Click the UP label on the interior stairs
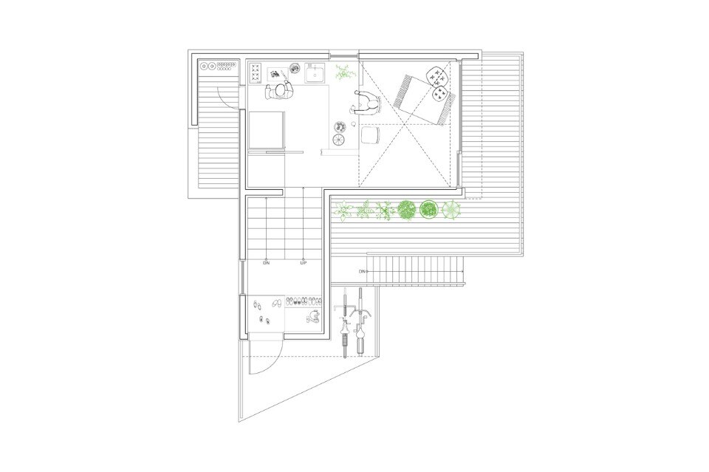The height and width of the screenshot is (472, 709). click(x=303, y=263)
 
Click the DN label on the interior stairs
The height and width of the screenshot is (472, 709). click(x=266, y=263)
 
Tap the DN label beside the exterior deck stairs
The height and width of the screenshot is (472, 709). click(x=362, y=271)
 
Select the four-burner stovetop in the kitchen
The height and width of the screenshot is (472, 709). click(x=256, y=73)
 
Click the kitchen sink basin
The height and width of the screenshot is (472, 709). click(x=315, y=73)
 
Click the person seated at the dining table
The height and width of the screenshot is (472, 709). click(x=366, y=104)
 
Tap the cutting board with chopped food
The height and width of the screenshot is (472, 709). click(x=278, y=74)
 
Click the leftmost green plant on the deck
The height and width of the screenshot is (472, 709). click(x=343, y=211)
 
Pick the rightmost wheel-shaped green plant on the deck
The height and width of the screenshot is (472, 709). click(x=452, y=211)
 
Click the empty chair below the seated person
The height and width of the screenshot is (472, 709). click(x=370, y=134)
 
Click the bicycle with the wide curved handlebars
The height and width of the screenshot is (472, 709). click(x=361, y=321)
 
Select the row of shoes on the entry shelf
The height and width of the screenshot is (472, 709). click(x=304, y=300)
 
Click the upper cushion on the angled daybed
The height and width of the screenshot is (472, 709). click(x=436, y=75)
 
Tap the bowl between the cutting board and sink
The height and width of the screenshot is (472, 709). click(x=295, y=69)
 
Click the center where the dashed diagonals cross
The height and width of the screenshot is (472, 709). click(x=405, y=123)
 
